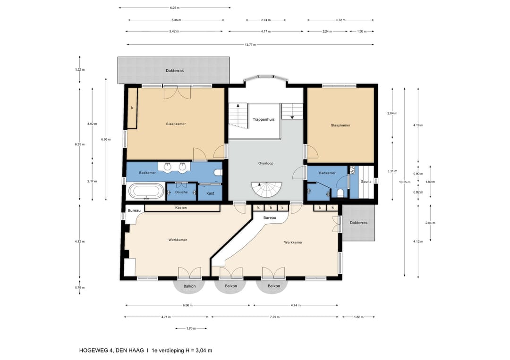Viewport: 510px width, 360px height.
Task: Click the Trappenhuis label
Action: click(263, 119)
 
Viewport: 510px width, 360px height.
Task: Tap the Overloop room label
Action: click(266, 163)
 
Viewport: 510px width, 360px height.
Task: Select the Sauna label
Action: click(366, 182)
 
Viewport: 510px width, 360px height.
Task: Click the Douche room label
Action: click(181, 192)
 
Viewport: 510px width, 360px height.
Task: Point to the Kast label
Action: click(210, 193)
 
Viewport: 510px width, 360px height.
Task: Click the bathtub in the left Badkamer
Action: click(146, 191)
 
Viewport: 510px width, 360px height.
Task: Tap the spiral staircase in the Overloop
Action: click(266, 190)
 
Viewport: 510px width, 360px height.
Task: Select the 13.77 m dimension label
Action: click(250, 45)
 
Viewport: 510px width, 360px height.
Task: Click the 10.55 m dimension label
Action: click(405, 182)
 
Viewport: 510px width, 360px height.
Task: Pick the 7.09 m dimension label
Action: click(275, 317)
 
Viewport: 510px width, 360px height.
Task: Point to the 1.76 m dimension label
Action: click(191, 328)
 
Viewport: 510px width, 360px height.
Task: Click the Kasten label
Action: click(181, 208)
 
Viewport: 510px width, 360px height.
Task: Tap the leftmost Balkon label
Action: click(190, 286)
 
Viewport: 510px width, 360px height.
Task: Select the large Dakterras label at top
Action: click(175, 70)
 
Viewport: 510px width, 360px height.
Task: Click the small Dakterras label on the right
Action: click(358, 223)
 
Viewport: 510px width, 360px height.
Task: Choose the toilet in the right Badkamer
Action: click(340, 193)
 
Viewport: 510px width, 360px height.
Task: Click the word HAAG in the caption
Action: click(137, 351)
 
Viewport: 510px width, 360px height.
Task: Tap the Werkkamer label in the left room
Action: click(178, 240)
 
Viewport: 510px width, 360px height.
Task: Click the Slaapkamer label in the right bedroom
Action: click(340, 126)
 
